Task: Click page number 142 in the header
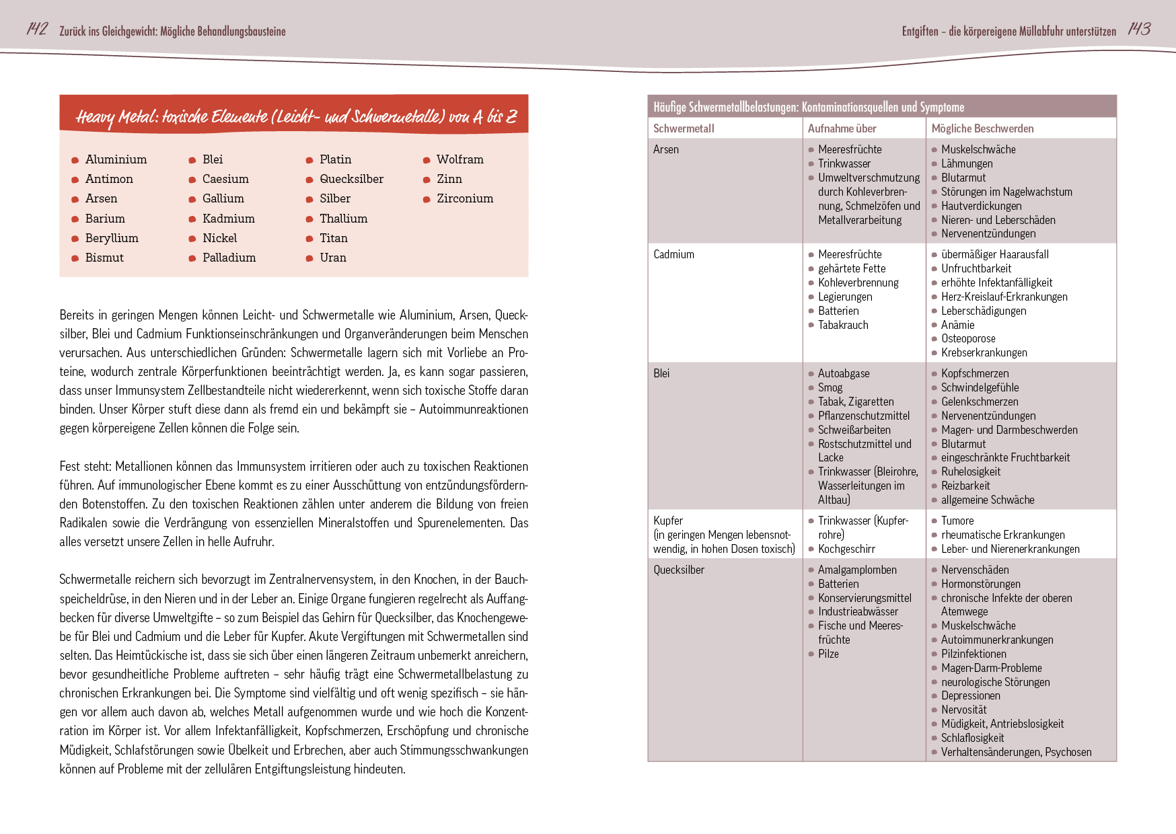point(37,29)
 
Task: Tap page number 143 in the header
point(1139,29)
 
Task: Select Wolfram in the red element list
point(460,159)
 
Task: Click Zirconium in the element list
point(465,198)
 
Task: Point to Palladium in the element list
point(229,258)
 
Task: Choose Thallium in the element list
point(343,219)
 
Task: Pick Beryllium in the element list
point(112,238)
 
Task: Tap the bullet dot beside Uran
point(309,258)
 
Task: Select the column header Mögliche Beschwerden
point(982,128)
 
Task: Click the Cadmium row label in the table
point(673,254)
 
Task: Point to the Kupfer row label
point(668,521)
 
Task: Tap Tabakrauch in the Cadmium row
point(843,325)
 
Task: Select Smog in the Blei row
point(830,387)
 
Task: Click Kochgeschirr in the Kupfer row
point(846,549)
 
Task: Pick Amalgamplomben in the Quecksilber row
point(857,570)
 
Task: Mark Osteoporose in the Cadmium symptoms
point(968,338)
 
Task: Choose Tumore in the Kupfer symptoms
point(957,521)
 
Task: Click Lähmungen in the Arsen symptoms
point(967,163)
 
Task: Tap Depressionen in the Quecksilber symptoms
point(970,695)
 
